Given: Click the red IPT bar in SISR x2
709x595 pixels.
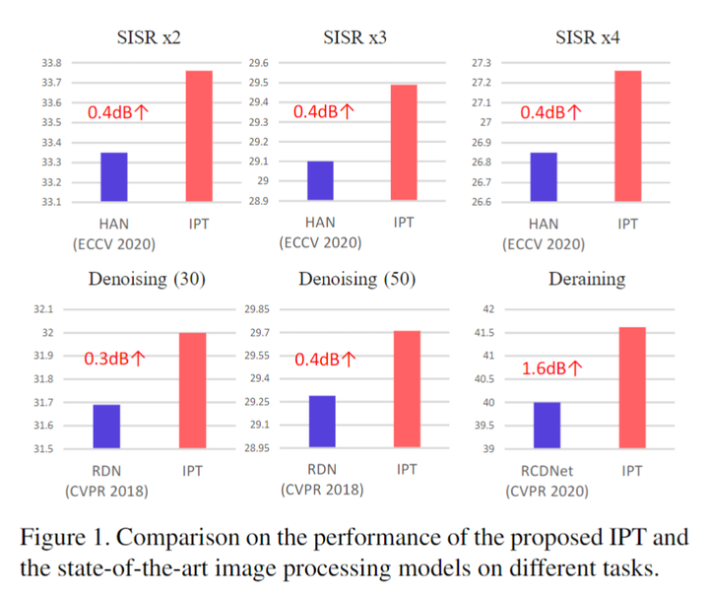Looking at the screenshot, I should coord(198,136).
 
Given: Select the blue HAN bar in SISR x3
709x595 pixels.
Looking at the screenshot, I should coord(319,180).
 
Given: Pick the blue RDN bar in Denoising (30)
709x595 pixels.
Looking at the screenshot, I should coord(106,426).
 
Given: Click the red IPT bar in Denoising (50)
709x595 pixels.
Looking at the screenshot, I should coord(407,389).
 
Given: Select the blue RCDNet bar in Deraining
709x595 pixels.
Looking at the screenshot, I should coord(547,426).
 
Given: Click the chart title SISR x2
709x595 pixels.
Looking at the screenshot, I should coord(148,37).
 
